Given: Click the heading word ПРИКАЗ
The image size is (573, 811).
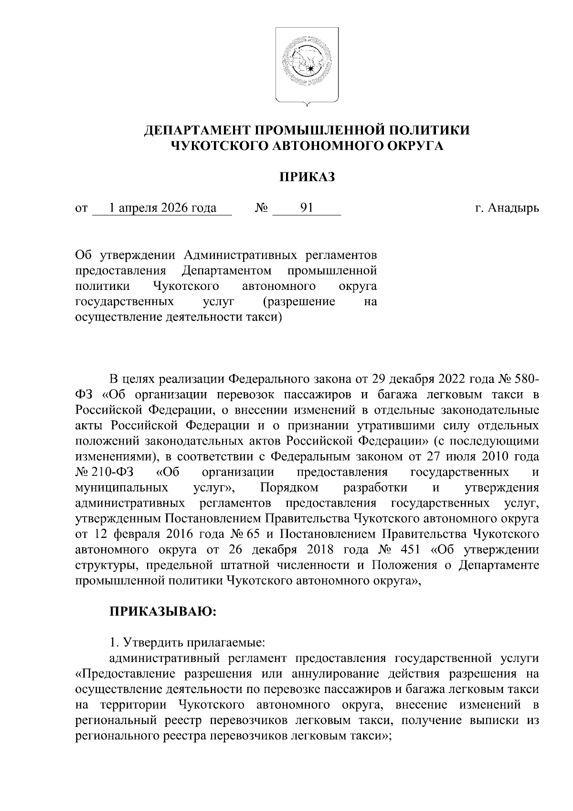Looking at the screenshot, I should click(307, 178).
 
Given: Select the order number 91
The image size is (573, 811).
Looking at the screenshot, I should click(307, 208).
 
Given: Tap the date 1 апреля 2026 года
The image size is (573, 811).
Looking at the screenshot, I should click(162, 208).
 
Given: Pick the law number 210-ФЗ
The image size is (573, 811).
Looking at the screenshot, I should click(110, 472).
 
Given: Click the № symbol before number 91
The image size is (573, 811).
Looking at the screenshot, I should click(262, 209).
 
